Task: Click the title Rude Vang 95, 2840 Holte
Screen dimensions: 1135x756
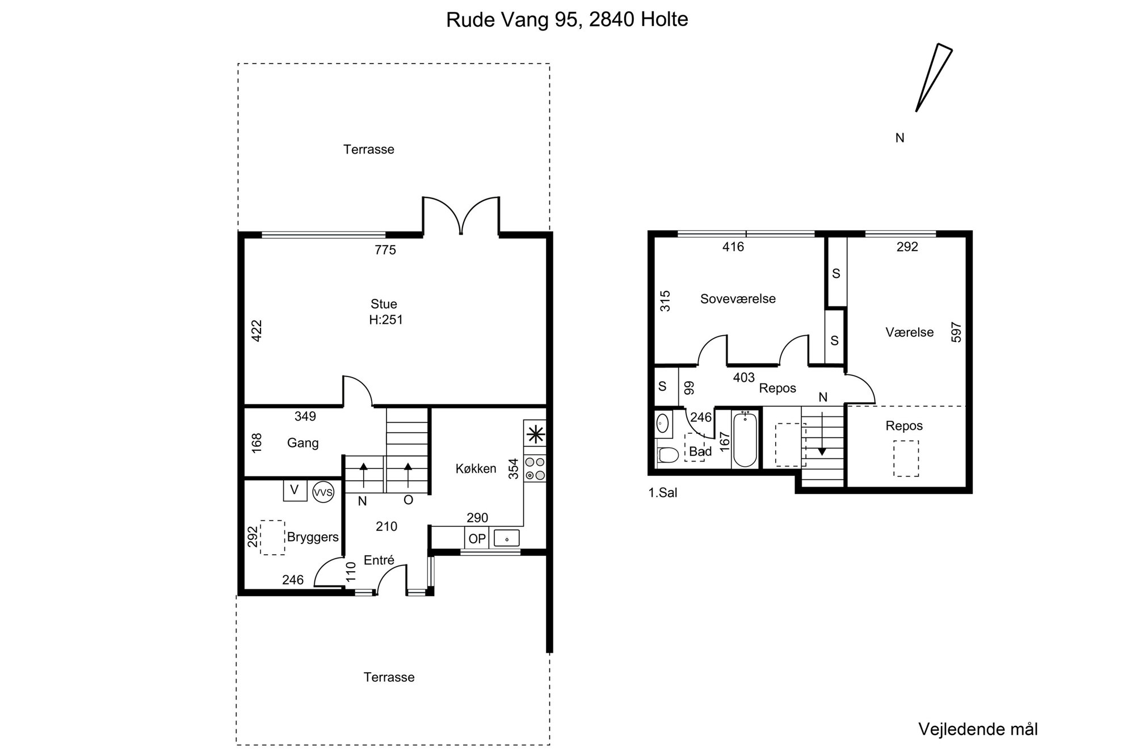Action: [x=567, y=19]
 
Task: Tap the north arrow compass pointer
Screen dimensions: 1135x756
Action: [x=934, y=77]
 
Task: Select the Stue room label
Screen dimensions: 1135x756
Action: [x=384, y=304]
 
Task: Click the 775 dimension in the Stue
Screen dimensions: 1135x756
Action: [x=385, y=250]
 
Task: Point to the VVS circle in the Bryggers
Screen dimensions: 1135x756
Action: [x=323, y=492]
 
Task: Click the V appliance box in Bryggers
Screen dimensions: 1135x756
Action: [x=295, y=490]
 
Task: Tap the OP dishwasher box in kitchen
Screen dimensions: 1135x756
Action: [x=477, y=538]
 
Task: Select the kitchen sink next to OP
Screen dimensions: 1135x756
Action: [x=507, y=538]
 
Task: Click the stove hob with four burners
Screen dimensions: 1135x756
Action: [x=535, y=468]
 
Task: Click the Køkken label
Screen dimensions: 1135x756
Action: [x=476, y=468]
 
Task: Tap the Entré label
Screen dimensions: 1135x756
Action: [x=379, y=560]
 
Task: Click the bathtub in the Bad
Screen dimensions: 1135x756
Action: [x=745, y=440]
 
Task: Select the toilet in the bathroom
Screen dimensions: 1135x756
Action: [x=667, y=455]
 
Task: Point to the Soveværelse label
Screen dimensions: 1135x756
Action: [x=738, y=299]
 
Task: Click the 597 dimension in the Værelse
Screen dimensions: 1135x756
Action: [x=956, y=332]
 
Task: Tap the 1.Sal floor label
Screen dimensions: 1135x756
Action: [x=663, y=493]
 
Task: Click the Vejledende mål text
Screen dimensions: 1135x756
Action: [x=978, y=729]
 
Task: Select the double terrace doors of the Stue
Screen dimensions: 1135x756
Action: [x=461, y=216]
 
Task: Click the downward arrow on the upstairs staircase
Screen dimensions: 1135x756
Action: [x=822, y=440]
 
